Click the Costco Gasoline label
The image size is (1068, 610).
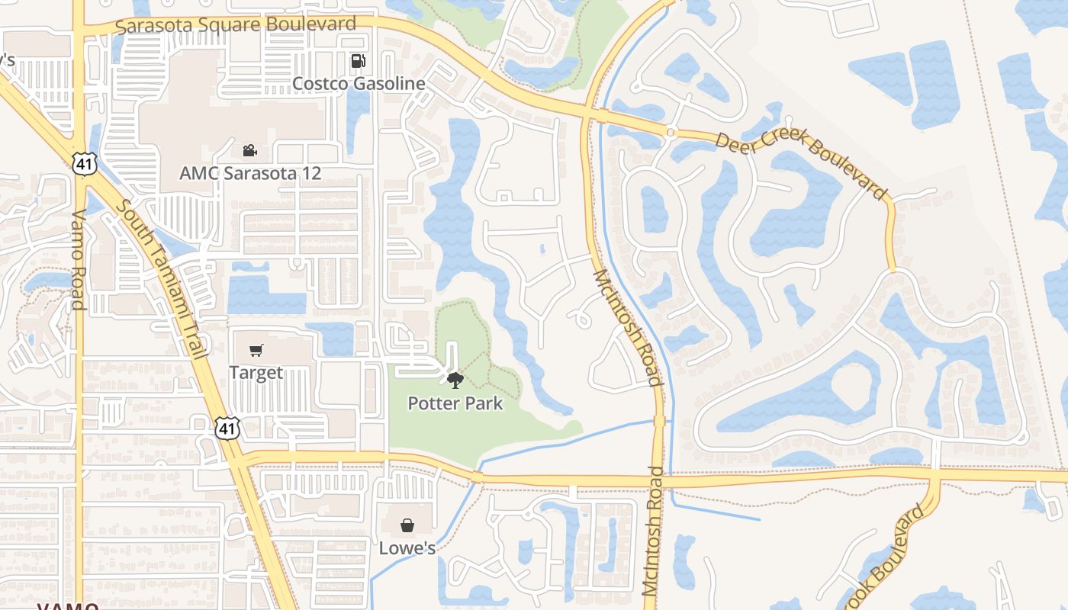coord(359,83)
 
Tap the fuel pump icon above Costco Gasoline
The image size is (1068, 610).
coord(358,61)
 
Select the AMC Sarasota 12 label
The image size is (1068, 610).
coord(250,173)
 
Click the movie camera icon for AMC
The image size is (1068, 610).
coord(249,150)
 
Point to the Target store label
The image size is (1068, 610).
coord(256,373)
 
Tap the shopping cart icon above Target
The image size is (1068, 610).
coord(256,351)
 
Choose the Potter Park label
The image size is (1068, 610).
coord(455,403)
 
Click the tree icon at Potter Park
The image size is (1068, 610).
coord(455,380)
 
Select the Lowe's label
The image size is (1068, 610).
coord(407,547)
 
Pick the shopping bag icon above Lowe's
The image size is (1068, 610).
coord(407,525)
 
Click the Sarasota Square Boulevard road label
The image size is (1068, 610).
coord(236,25)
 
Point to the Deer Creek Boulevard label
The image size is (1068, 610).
coord(802,165)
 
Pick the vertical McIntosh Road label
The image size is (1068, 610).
coord(653,530)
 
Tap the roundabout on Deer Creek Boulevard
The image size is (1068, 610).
coord(671,133)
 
